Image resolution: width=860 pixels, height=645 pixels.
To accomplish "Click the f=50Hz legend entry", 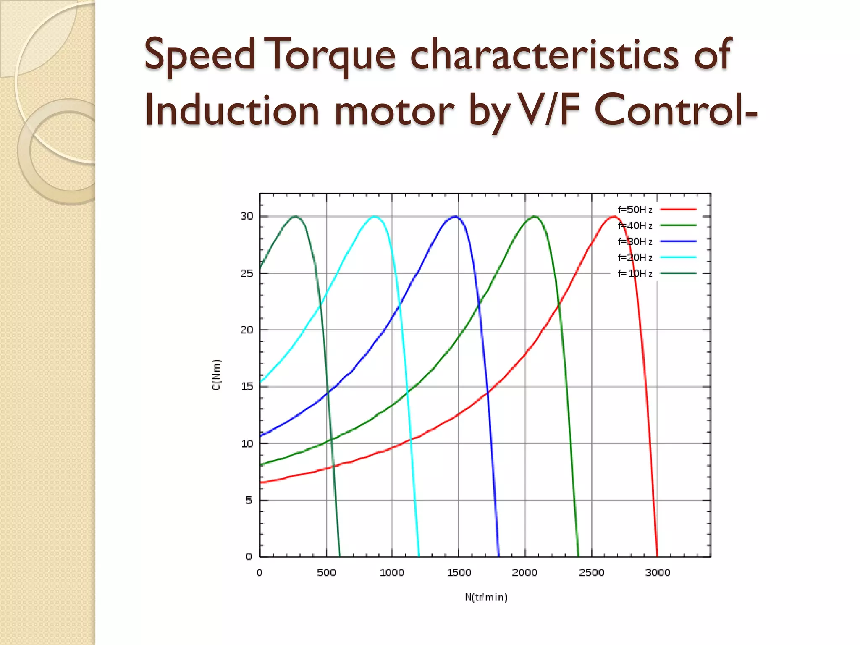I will click(635, 210).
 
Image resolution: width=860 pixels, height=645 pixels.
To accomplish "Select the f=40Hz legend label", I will click(635, 226).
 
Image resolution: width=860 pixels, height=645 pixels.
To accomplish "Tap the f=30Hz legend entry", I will click(635, 242).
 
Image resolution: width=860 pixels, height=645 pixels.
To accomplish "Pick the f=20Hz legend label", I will click(635, 258).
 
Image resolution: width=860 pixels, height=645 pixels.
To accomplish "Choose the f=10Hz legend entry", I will click(635, 274).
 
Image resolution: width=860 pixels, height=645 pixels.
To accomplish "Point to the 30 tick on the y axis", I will click(247, 216).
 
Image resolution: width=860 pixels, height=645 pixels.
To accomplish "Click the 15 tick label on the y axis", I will click(247, 386).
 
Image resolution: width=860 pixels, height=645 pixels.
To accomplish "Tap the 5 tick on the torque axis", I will click(249, 500).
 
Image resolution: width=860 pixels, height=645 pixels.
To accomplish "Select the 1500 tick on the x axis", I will click(459, 573).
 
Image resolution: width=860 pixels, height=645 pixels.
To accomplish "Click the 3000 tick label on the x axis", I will click(658, 573).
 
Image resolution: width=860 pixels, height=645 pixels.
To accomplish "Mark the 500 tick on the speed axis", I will click(326, 573).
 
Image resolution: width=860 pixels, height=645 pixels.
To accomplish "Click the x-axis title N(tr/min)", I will click(486, 598).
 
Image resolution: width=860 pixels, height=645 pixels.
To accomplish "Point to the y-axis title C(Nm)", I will click(216, 375).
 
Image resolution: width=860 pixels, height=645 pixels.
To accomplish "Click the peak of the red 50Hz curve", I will click(614, 217).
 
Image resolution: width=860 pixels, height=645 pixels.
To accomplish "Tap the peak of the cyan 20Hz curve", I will click(374, 217).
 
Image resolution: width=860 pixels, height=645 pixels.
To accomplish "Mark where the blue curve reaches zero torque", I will click(498, 556).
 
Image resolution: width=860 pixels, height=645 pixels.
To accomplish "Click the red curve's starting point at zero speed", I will click(261, 483).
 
